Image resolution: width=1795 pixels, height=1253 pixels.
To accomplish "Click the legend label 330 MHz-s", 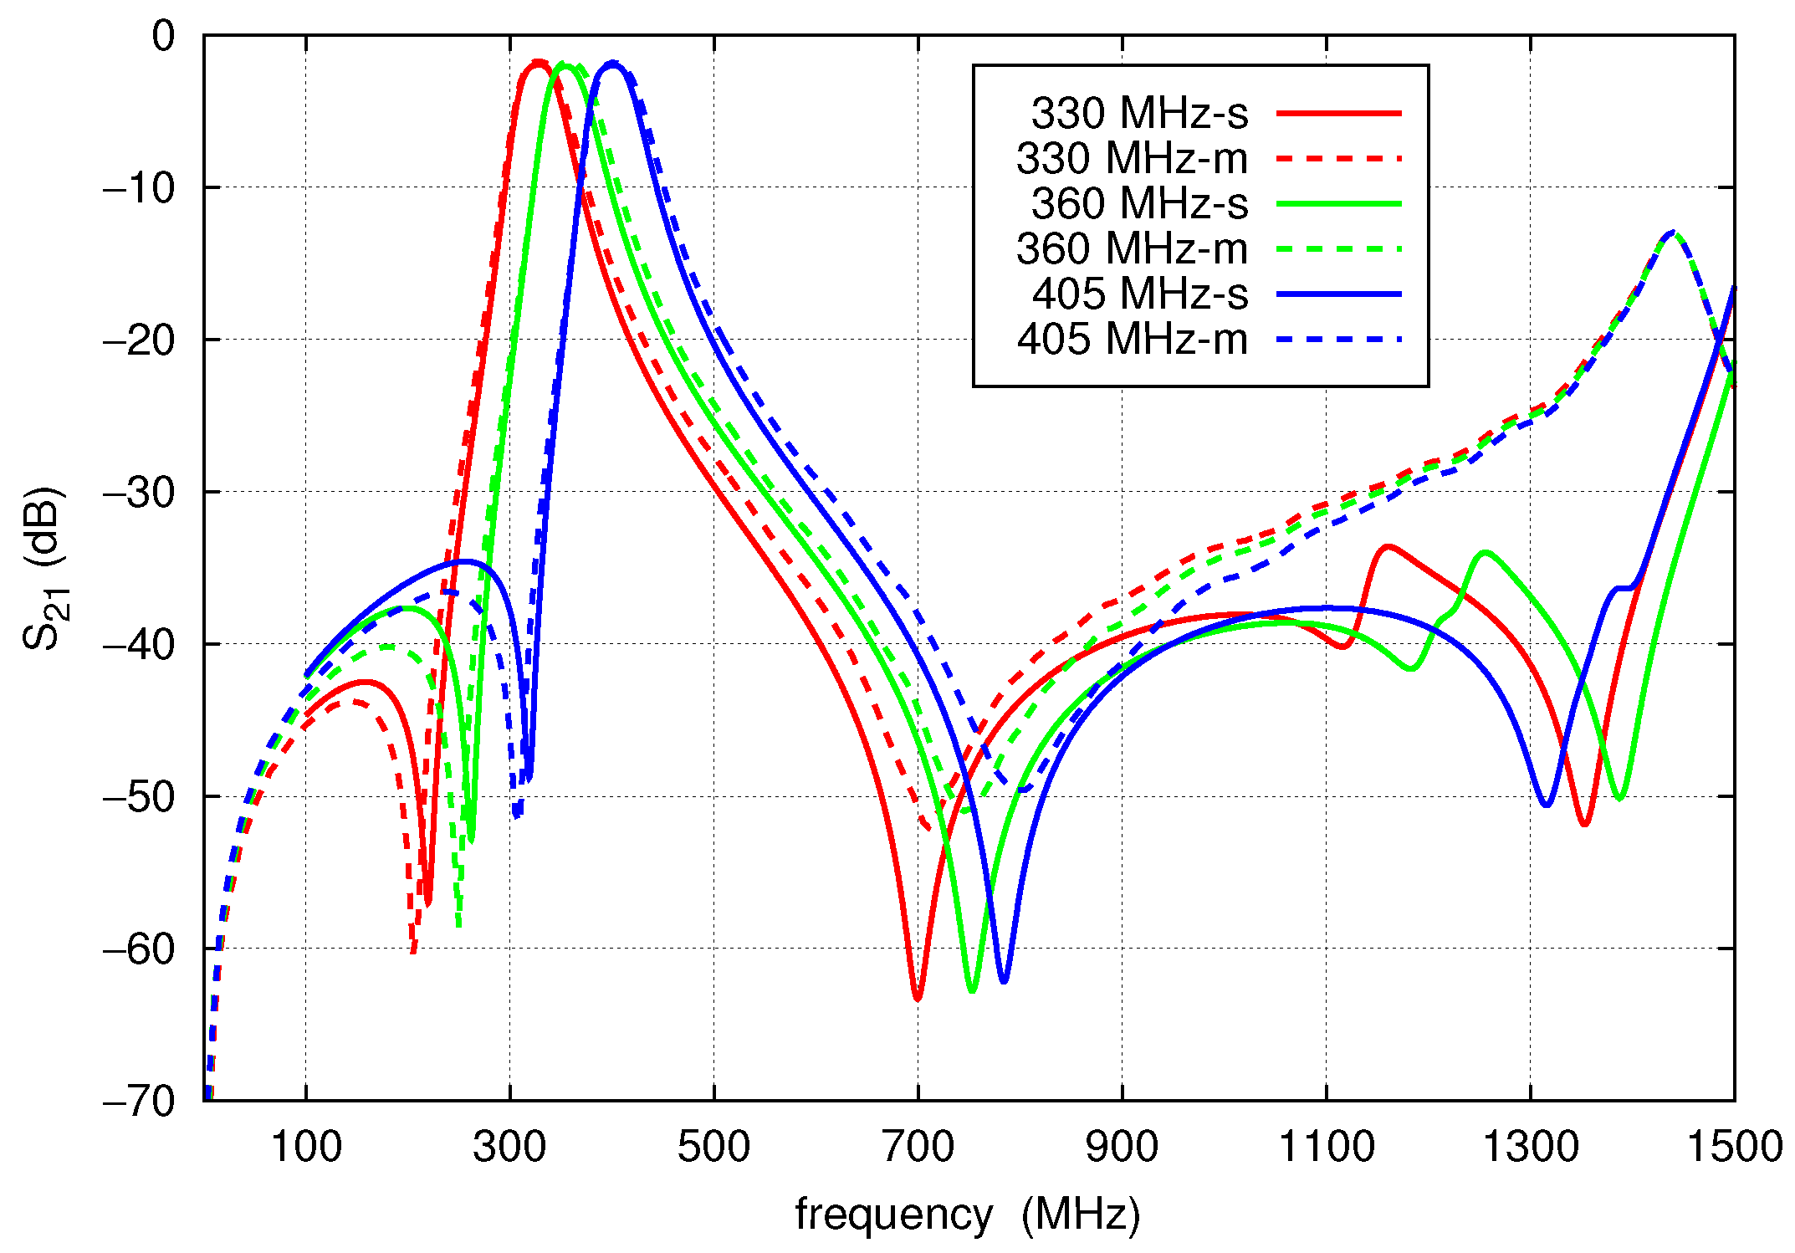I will (x=1139, y=113).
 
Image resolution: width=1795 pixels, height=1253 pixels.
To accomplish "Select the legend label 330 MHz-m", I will (x=1132, y=158).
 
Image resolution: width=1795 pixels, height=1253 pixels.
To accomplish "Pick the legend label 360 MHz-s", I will (x=1139, y=203).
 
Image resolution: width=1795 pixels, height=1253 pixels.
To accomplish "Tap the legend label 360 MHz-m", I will (x=1132, y=248).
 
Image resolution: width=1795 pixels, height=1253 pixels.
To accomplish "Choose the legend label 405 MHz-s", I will (x=1139, y=294).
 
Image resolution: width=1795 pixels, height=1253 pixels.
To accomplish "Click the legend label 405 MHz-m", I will (x=1132, y=339).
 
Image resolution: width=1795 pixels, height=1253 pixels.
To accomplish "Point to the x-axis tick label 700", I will (x=918, y=1147).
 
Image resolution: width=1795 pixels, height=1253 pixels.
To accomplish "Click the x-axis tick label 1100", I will (x=1326, y=1147).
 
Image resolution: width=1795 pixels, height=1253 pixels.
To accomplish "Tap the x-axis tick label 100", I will (x=305, y=1147).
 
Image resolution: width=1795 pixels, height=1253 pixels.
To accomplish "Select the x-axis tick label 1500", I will (x=1734, y=1147).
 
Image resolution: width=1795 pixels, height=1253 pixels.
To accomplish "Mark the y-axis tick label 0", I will (x=163, y=37).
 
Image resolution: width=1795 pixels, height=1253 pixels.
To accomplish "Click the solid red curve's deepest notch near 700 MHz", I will (x=918, y=998).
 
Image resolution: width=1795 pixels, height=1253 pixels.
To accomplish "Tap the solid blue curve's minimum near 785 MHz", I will (x=1003, y=980).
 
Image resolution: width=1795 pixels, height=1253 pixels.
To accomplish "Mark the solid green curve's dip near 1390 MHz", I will (x=1620, y=799).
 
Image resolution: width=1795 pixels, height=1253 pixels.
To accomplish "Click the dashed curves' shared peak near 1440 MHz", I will (x=1672, y=233).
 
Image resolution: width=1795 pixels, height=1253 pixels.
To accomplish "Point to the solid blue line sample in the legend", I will (x=1338, y=294).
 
